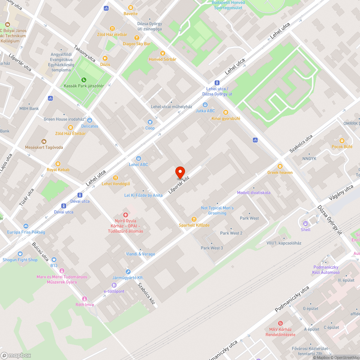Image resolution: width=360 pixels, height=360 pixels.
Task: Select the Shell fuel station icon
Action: point(306,223)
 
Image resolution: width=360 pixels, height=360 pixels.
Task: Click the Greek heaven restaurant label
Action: point(280,172)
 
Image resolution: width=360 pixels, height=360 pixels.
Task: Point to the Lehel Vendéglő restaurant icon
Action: point(116,177)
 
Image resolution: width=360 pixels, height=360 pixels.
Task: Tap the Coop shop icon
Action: point(150,122)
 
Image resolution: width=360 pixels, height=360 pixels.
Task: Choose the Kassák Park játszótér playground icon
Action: point(84,80)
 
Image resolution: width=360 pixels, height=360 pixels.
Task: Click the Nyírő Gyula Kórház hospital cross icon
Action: point(126,215)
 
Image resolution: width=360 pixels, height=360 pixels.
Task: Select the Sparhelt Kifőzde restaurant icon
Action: point(194,219)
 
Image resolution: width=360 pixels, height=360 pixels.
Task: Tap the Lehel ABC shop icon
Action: point(139,158)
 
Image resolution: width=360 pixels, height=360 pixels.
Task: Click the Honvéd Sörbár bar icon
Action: point(162,53)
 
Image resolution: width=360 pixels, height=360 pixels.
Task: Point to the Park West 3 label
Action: point(212,248)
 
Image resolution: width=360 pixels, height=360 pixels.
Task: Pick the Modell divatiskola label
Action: point(253,193)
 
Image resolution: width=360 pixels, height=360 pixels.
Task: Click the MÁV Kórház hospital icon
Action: point(280,323)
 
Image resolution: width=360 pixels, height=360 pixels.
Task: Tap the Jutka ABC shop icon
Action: point(205,105)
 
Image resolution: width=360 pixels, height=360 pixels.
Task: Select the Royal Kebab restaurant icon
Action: point(58,164)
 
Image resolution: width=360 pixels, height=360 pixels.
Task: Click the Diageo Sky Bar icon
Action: point(136,38)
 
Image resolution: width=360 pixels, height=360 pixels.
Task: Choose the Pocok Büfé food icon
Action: point(342,141)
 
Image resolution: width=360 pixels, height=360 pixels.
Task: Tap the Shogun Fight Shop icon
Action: point(20,254)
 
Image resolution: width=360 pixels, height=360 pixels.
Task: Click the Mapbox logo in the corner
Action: point(16,355)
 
